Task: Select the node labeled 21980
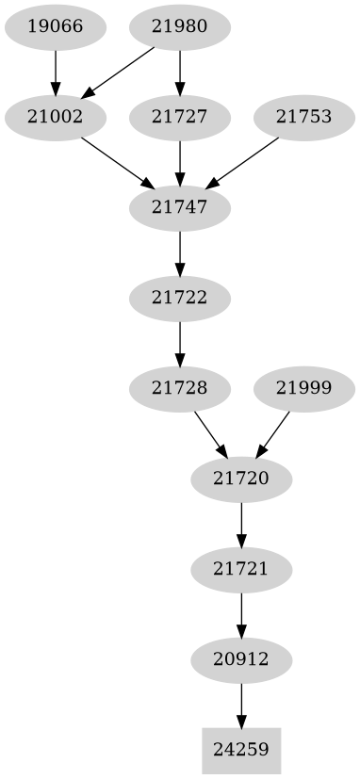(x=180, y=26)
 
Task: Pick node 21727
(x=180, y=118)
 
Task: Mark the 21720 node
(x=242, y=479)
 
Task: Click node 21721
(x=242, y=570)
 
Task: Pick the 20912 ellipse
(x=242, y=660)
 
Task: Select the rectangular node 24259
(x=242, y=751)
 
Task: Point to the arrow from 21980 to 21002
(x=120, y=72)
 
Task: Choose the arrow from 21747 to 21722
(x=180, y=253)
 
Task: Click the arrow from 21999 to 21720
(x=274, y=433)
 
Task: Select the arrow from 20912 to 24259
(x=242, y=705)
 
